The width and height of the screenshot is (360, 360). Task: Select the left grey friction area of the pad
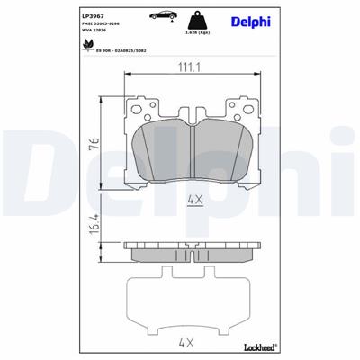click(160, 150)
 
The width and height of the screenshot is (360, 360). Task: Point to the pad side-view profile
click(191, 251)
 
